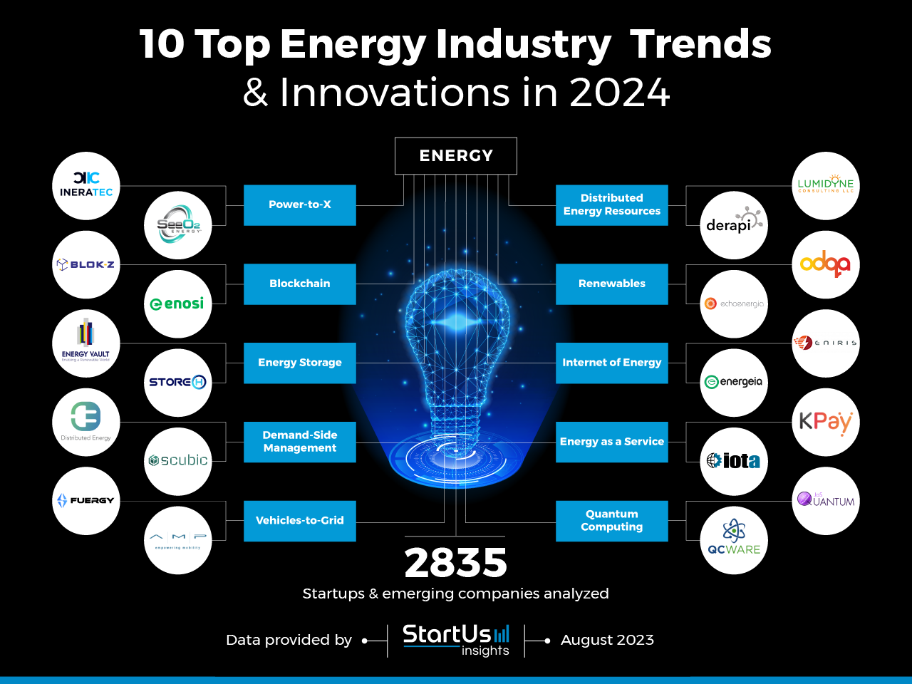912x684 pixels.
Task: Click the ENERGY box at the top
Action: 456,156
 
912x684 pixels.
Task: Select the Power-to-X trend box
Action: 299,205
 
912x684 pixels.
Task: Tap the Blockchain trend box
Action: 299,284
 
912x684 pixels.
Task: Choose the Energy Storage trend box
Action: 299,363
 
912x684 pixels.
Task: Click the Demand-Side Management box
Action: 299,442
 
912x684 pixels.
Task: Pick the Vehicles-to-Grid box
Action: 299,521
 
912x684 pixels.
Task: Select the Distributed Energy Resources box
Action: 611,205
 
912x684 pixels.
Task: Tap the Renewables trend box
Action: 611,284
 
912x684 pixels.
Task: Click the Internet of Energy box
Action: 611,363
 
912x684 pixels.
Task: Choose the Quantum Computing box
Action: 611,521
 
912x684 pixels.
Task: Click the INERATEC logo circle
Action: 86,186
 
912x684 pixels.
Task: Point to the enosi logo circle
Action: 177,304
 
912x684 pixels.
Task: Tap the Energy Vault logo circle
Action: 86,343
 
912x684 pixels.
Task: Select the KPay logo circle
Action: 826,422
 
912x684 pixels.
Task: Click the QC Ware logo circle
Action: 734,540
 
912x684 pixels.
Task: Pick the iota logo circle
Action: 734,462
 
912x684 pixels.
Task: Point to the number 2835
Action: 456,563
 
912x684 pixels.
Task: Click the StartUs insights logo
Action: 456,640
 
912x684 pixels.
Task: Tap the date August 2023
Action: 607,640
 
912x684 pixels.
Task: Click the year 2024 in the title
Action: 620,93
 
